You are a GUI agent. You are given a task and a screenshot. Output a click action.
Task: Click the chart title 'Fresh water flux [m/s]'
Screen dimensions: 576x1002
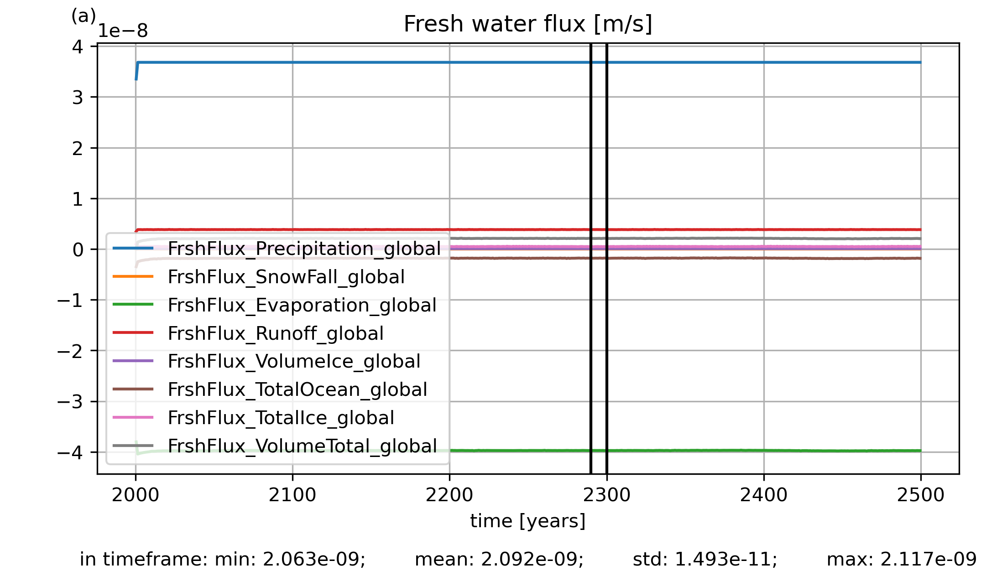click(x=528, y=24)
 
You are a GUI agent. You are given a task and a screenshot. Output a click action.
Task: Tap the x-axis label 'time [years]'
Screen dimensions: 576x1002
click(x=528, y=521)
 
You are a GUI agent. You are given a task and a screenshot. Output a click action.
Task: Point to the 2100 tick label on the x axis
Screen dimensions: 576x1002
click(x=292, y=495)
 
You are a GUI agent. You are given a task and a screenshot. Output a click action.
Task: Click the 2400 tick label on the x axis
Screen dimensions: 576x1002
click(x=764, y=495)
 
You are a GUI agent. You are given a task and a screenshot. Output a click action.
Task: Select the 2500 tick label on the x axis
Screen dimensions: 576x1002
click(x=921, y=495)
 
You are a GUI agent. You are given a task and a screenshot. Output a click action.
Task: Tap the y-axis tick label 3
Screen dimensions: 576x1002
click(x=78, y=97)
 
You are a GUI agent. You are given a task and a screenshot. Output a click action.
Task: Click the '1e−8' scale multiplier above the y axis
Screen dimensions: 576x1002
click(x=123, y=31)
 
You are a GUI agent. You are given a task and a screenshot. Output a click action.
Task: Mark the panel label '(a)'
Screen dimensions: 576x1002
click(x=83, y=16)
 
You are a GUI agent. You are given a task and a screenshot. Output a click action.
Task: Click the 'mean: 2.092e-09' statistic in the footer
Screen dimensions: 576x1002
click(x=499, y=559)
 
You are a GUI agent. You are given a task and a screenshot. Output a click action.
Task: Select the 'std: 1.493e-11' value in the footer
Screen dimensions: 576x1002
click(x=705, y=559)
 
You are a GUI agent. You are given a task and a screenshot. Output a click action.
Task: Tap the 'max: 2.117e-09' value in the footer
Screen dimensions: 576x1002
click(x=902, y=559)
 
